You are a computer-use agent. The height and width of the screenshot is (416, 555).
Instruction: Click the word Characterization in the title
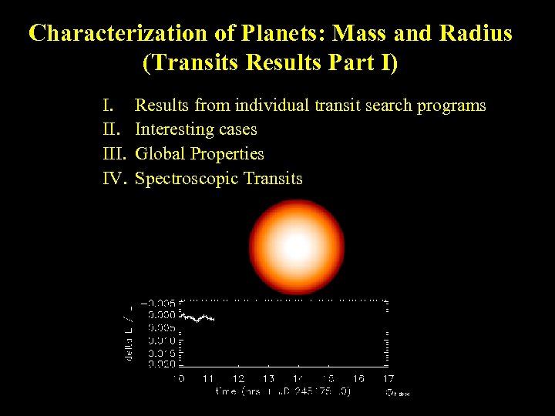pyautogui.click(x=118, y=34)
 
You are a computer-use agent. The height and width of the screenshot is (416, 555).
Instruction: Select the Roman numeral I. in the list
pyautogui.click(x=108, y=105)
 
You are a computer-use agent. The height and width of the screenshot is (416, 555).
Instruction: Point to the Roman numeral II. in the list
pyautogui.click(x=110, y=129)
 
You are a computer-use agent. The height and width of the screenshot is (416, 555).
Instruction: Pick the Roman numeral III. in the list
pyautogui.click(x=113, y=154)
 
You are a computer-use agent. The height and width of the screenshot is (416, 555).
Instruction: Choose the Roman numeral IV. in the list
pyautogui.click(x=114, y=179)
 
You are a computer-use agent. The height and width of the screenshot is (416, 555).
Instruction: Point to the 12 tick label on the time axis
pyautogui.click(x=238, y=379)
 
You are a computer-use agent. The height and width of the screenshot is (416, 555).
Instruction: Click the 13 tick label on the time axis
pyautogui.click(x=268, y=379)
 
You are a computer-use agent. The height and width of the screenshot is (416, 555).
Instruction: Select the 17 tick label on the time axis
pyautogui.click(x=388, y=379)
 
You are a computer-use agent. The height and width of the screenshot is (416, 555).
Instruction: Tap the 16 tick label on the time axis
pyautogui.click(x=358, y=379)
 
